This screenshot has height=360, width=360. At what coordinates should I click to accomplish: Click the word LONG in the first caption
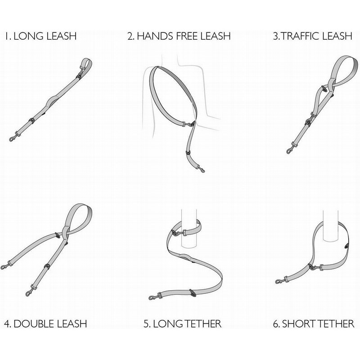[x=28, y=36]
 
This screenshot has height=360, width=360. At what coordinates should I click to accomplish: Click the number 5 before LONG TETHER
[x=147, y=324]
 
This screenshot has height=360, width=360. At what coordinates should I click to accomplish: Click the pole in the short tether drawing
[x=330, y=226]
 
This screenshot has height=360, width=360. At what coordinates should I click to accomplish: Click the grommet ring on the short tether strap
[x=346, y=246]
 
